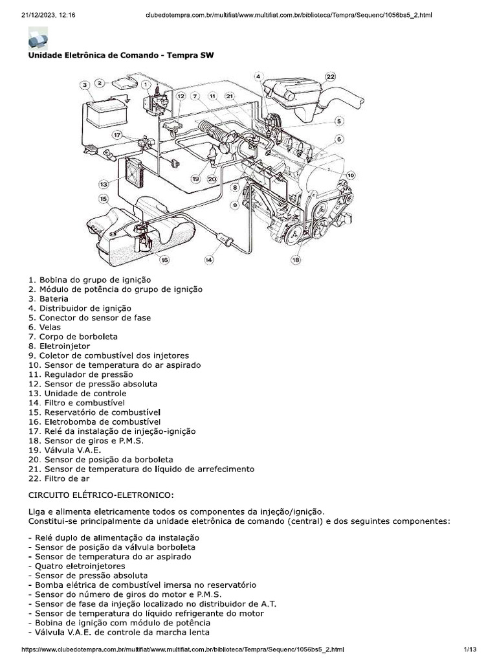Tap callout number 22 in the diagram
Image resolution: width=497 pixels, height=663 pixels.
point(331,76)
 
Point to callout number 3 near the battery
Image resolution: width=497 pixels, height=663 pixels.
point(85,85)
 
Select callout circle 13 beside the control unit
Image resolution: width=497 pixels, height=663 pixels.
point(103,184)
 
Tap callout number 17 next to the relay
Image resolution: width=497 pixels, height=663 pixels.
point(117,135)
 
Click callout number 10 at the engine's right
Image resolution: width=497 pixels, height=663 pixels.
point(351,175)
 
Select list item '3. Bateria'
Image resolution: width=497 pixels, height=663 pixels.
point(48,299)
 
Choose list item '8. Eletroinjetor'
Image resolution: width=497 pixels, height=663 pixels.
point(59,346)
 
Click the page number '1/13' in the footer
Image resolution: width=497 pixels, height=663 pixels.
point(469,649)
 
